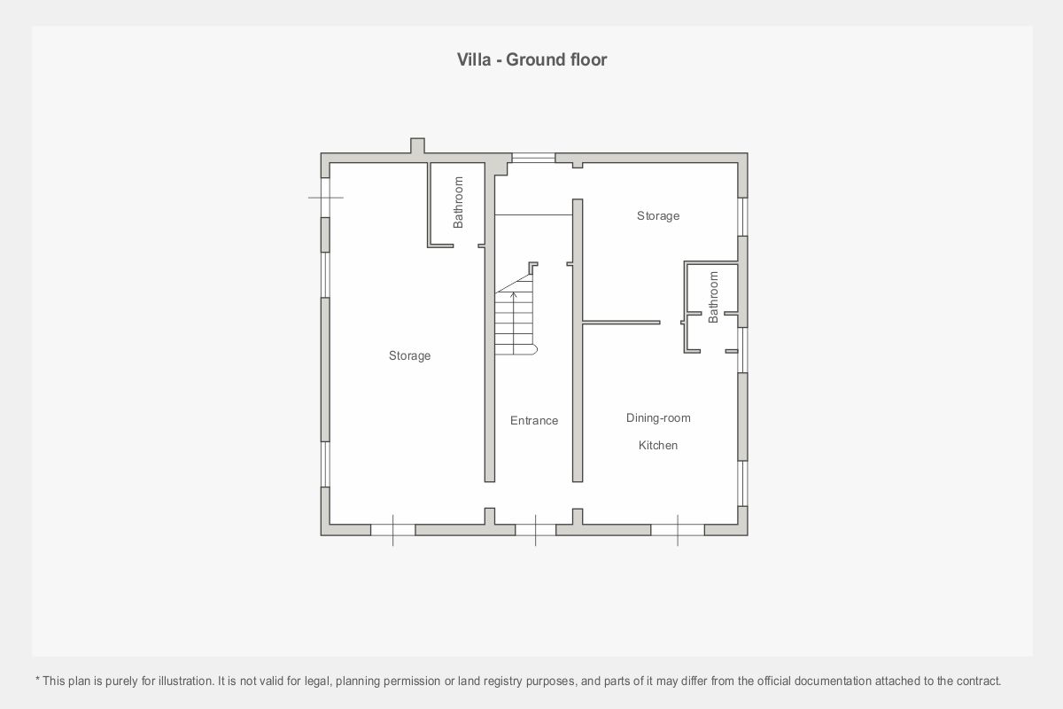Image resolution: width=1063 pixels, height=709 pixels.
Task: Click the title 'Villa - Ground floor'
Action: pyautogui.click(x=531, y=60)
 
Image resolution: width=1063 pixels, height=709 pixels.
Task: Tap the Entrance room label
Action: pyautogui.click(x=534, y=420)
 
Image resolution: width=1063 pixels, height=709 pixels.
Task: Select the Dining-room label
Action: pyautogui.click(x=658, y=418)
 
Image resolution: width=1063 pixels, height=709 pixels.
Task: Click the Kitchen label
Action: pyautogui.click(x=657, y=445)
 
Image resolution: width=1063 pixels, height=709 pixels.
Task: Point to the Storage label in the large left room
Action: pyautogui.click(x=409, y=355)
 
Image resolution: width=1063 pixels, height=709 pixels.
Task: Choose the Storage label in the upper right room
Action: pyautogui.click(x=657, y=216)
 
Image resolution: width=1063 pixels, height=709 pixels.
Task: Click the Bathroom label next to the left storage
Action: pyautogui.click(x=458, y=202)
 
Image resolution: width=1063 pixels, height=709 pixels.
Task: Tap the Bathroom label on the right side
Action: pyautogui.click(x=713, y=297)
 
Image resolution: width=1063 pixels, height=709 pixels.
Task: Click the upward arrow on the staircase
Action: pyautogui.click(x=513, y=323)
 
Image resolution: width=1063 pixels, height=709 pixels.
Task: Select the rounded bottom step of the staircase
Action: pyautogui.click(x=516, y=349)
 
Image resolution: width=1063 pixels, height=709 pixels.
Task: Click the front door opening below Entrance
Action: pyautogui.click(x=535, y=530)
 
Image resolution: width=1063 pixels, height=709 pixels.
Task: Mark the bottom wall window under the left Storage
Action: pyautogui.click(x=393, y=530)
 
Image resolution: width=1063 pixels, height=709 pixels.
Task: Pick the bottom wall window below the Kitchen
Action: pyautogui.click(x=677, y=530)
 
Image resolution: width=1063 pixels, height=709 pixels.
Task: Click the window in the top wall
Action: pyautogui.click(x=533, y=158)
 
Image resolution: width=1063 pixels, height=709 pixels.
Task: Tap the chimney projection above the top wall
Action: pyautogui.click(x=417, y=145)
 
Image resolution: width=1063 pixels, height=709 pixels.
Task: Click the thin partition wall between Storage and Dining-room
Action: pyautogui.click(x=621, y=323)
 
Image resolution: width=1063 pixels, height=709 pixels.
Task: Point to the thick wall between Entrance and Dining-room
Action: pyautogui.click(x=578, y=340)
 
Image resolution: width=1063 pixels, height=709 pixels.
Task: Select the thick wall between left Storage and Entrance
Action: pyautogui.click(x=490, y=323)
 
